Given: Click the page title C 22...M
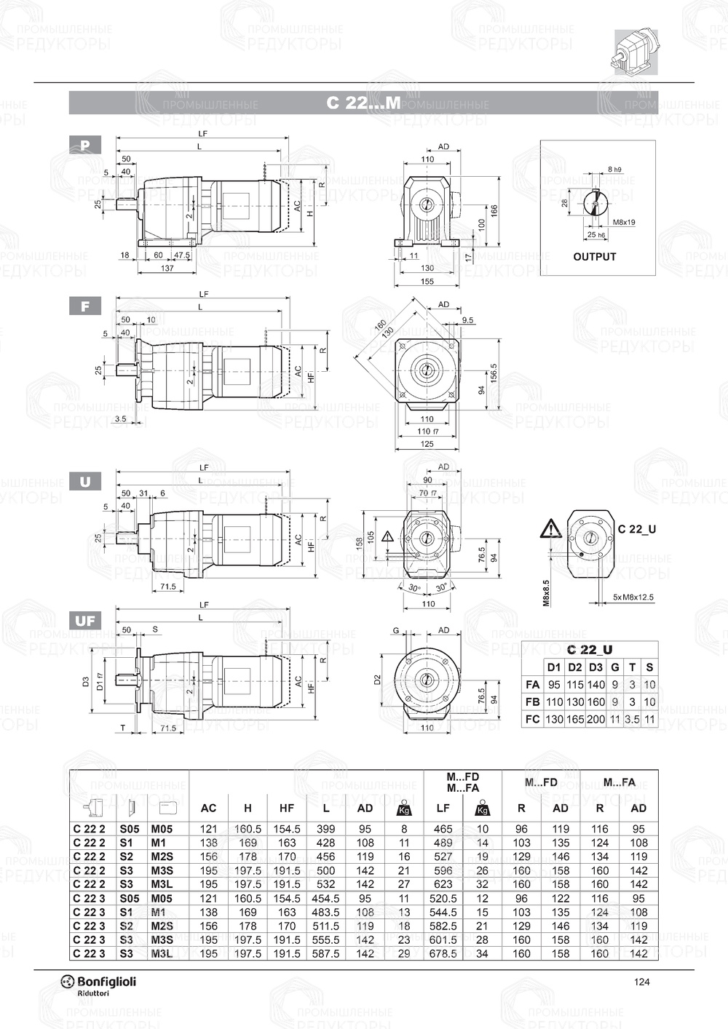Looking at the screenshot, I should point(363,103).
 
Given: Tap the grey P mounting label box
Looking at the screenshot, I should point(85,145).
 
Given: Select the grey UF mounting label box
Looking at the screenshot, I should point(85,621).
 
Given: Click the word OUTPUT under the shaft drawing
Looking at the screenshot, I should point(594,257).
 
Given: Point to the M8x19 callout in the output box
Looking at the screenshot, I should point(624,222).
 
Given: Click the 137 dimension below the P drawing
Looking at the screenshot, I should point(167,269).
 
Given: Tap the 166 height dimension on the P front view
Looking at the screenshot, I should point(494,210).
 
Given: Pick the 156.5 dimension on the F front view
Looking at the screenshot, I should point(494,372).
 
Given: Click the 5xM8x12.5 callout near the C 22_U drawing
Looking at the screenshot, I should point(633,597).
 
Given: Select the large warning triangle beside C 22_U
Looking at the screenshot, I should point(550,529).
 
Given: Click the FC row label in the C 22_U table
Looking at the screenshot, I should point(532,719).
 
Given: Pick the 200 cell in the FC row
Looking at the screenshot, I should point(596,719).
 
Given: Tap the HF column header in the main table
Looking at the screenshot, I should point(287,808).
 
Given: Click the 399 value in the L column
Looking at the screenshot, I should point(325,829).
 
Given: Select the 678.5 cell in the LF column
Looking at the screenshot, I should point(443,953).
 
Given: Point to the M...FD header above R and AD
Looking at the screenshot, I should point(541,782).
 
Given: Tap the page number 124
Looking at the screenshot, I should point(641,982).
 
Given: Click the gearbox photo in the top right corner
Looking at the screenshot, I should point(636,51).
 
